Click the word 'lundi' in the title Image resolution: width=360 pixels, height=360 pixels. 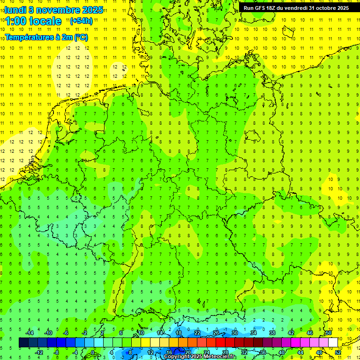pos(15,9)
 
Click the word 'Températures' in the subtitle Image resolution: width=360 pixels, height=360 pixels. pos(29,37)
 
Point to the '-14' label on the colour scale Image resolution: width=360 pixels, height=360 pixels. pos(30,333)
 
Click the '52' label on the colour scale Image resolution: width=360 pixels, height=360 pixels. pos(338,352)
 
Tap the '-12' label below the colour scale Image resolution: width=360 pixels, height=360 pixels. pos(38,352)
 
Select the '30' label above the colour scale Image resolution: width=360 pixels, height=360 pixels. pos(235,333)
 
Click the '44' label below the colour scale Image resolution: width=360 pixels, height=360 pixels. pos(300,352)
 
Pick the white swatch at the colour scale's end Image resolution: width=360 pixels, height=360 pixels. pos(333,342)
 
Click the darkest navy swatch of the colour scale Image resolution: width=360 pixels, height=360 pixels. pos(23,342)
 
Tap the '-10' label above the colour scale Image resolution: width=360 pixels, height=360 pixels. pos(48,333)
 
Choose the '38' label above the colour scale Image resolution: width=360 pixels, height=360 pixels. pos(272,333)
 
